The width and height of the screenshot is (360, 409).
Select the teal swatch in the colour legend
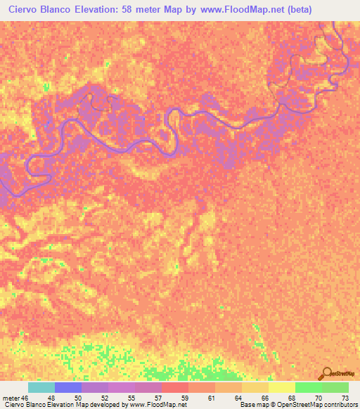pyautogui.click(x=41, y=387)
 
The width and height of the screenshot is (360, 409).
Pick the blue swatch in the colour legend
pyautogui.click(x=68, y=387)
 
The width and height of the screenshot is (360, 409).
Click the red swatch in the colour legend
pyautogui.click(x=175, y=387)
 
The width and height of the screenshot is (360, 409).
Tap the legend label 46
pyautogui.click(x=25, y=397)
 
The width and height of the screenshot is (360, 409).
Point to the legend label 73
pyautogui.click(x=344, y=397)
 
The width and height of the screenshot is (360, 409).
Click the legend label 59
pyautogui.click(x=184, y=397)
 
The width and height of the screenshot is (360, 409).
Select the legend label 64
pyautogui.click(x=237, y=397)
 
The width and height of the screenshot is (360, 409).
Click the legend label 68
pyautogui.click(x=290, y=397)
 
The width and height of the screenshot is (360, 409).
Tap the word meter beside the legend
pyautogui.click(x=10, y=397)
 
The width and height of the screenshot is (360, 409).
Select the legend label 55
pyautogui.click(x=130, y=397)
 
